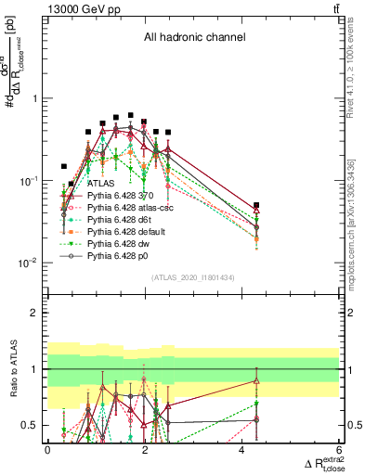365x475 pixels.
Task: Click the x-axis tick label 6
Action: point(339,448)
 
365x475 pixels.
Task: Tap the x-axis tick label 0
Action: point(47,448)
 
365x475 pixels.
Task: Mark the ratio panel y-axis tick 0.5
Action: point(35,425)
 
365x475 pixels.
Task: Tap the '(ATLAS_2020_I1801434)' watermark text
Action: point(193,277)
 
